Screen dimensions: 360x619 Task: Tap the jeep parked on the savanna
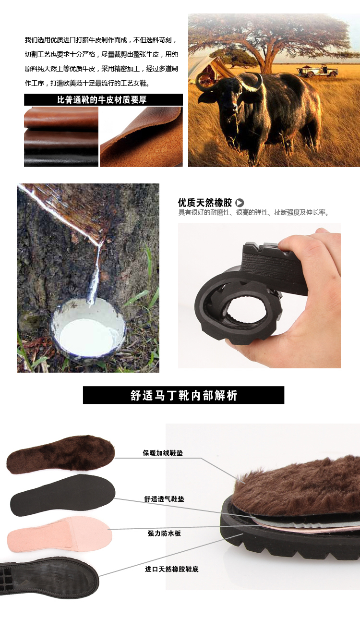[x=318, y=70]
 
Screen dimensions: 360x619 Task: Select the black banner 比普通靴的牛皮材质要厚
[x=103, y=99]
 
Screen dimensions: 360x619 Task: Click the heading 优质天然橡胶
[x=205, y=203]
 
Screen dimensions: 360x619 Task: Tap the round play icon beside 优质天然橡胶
[x=240, y=203]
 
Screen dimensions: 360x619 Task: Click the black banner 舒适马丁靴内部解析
[x=183, y=395]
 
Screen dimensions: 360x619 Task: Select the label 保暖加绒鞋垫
[x=163, y=453]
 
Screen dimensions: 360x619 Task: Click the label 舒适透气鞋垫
[x=164, y=499]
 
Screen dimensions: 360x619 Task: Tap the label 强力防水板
[x=164, y=534]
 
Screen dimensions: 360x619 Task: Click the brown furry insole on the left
[x=60, y=454]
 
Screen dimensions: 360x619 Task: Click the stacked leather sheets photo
[x=61, y=137]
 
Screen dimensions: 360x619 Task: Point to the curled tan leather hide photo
[x=141, y=137]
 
